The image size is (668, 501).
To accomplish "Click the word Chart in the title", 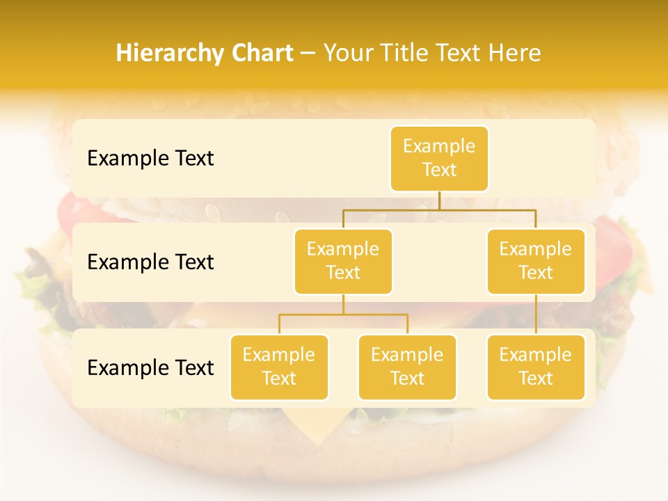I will [259, 54].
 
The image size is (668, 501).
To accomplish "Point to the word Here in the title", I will [514, 54].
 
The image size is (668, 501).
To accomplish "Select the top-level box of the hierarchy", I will [439, 158].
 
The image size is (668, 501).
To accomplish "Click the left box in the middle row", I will [343, 261].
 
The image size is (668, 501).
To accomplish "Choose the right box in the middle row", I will [536, 261].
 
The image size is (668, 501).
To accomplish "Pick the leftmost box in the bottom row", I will [279, 367].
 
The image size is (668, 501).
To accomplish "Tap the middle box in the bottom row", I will [407, 367].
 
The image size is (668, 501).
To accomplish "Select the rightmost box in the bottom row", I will [536, 367].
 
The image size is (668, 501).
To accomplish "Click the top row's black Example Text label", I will [150, 159].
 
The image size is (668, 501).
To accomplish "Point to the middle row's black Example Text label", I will [150, 262].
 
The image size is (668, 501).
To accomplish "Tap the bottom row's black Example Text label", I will [150, 368].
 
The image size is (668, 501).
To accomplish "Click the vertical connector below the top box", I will [439, 200].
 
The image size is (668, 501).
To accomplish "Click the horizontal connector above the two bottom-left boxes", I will [343, 315].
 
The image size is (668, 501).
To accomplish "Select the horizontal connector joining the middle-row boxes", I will [439, 209].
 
